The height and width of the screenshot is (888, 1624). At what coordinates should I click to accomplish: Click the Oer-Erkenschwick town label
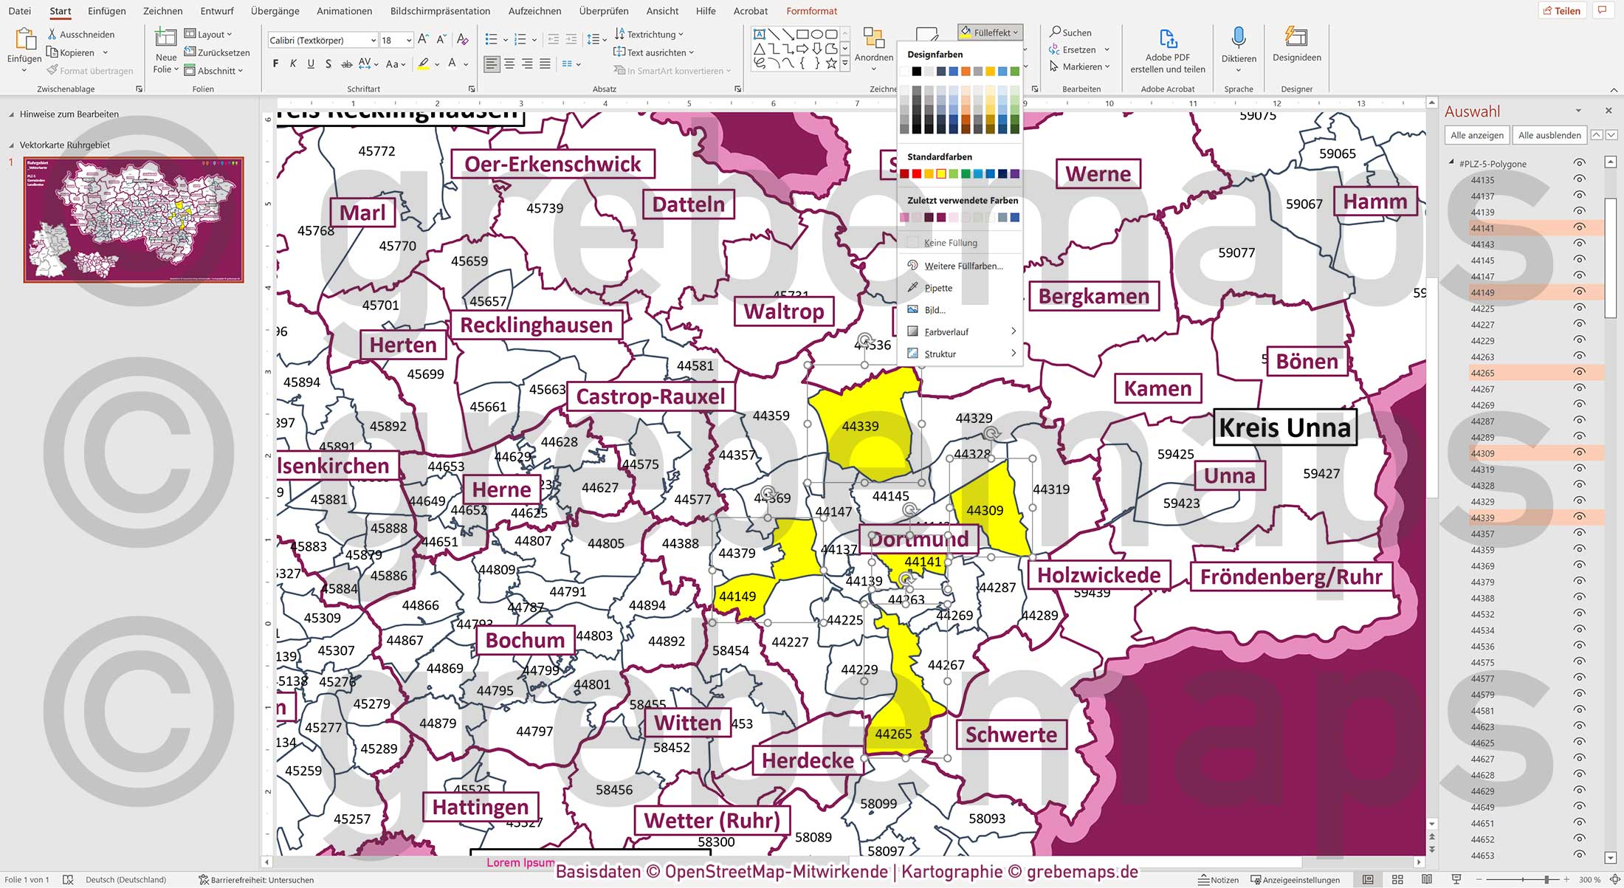tap(552, 164)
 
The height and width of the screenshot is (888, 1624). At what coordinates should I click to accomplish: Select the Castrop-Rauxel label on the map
tap(650, 396)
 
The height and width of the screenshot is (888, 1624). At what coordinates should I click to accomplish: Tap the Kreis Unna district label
tap(1284, 427)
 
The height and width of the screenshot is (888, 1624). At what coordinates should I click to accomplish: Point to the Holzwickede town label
tap(1098, 575)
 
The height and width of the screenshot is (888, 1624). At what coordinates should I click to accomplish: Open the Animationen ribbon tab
tap(344, 11)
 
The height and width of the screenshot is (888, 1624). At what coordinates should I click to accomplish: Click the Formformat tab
tap(811, 11)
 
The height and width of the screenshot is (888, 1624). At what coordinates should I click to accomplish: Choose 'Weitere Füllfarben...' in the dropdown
tap(963, 266)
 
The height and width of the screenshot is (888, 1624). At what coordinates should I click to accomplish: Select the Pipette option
tap(938, 288)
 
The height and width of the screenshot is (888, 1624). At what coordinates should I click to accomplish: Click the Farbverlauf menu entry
tap(946, 332)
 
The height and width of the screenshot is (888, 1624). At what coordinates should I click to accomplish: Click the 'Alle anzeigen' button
tap(1476, 135)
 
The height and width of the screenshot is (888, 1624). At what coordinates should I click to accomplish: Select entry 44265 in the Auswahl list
tap(1482, 374)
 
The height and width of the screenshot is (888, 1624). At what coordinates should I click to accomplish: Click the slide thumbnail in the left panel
tap(134, 219)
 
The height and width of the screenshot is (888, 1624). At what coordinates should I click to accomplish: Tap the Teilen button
tap(1562, 10)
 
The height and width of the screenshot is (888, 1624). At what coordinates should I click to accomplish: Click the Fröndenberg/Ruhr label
tap(1290, 576)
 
